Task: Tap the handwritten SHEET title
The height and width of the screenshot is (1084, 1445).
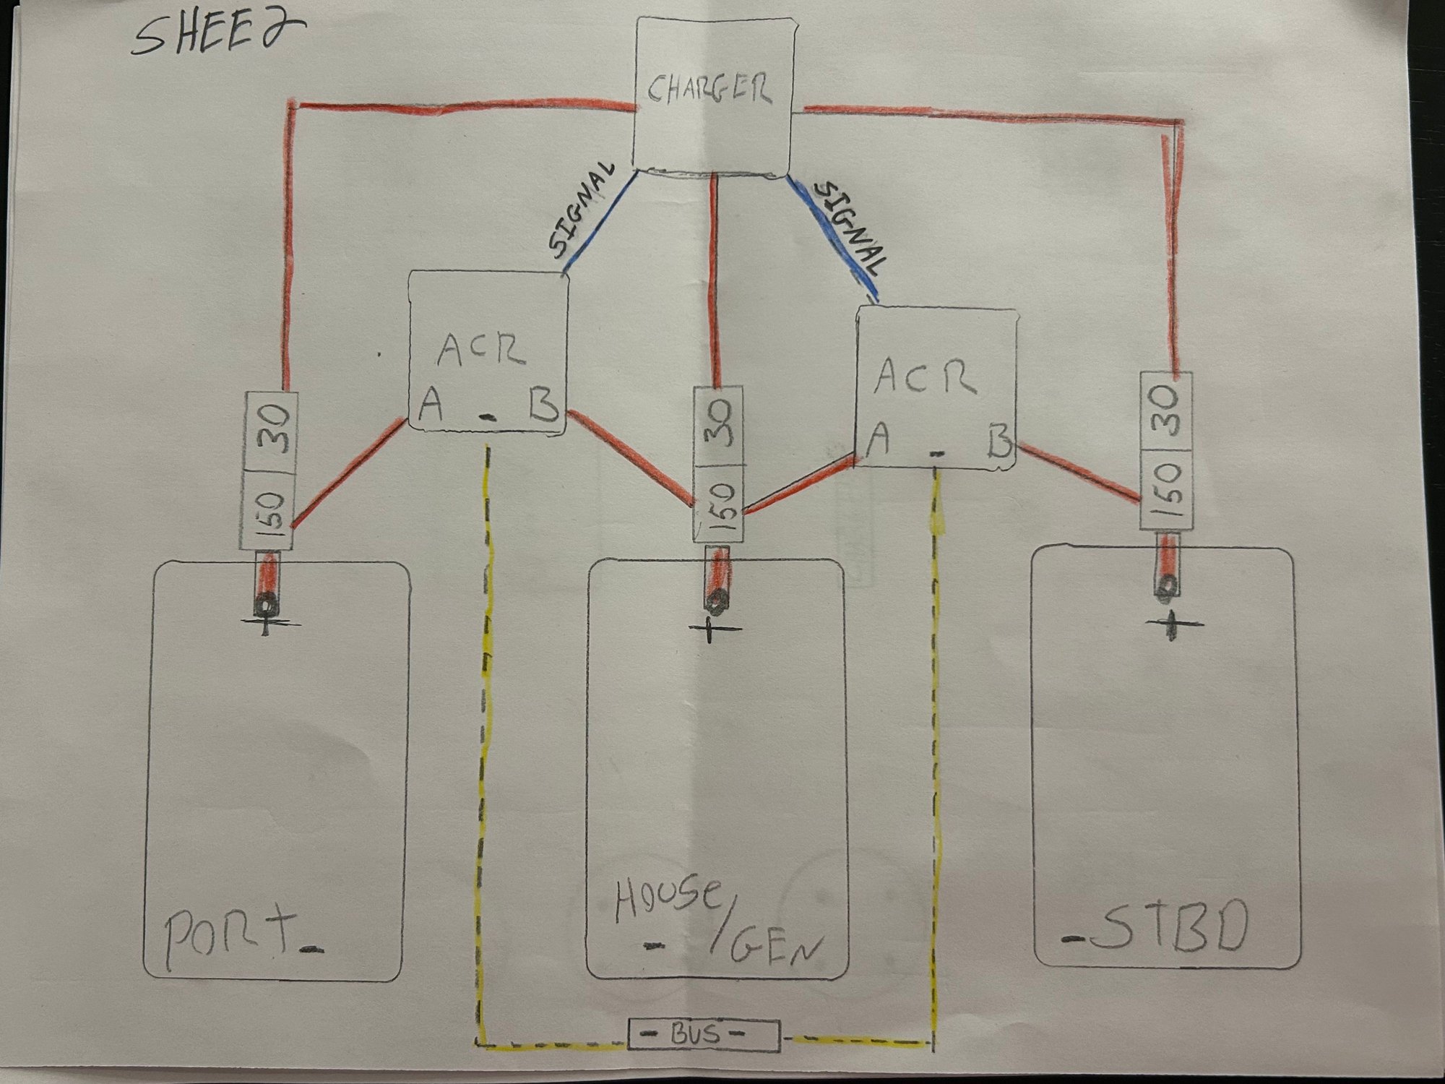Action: point(217,36)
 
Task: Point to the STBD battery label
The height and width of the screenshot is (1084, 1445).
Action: point(1164,929)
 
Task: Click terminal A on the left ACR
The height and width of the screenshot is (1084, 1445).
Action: point(431,407)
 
